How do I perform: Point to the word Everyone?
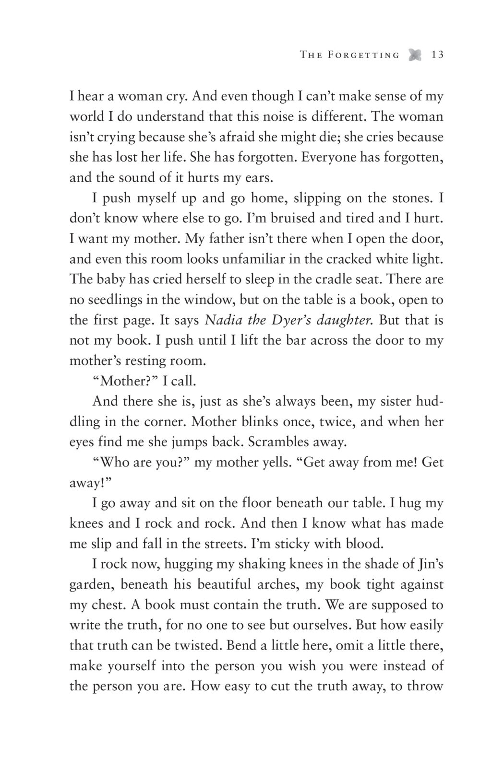point(331,157)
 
